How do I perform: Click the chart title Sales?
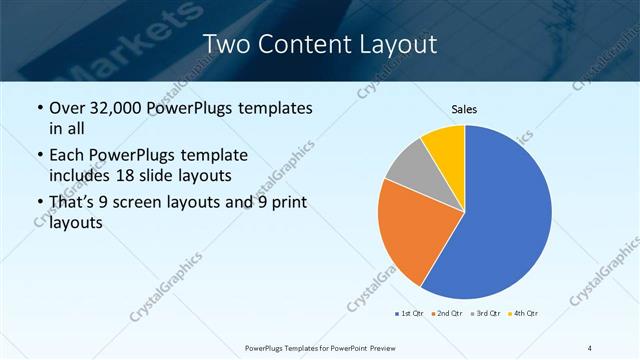coord(464,109)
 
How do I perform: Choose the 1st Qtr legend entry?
coord(410,313)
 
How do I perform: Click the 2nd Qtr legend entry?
coord(446,313)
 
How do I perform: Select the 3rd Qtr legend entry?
coord(486,313)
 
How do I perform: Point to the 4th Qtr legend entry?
coord(524,313)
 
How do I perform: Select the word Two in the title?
coord(225,44)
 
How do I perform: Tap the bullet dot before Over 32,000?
coord(39,108)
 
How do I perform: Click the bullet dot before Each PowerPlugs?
coord(39,156)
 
